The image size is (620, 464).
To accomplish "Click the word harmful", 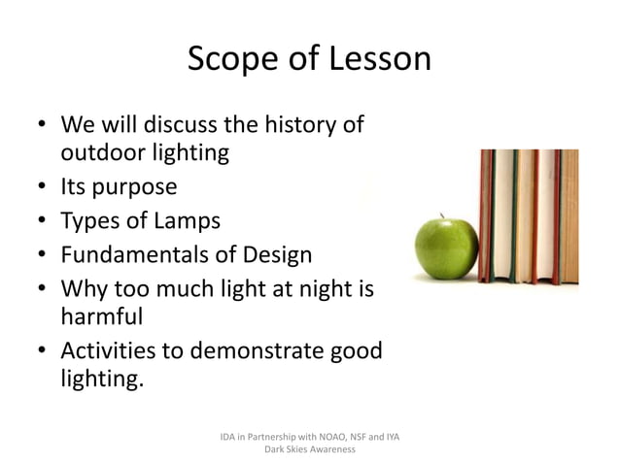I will [x=102, y=317].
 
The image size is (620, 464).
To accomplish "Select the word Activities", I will [x=113, y=351].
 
